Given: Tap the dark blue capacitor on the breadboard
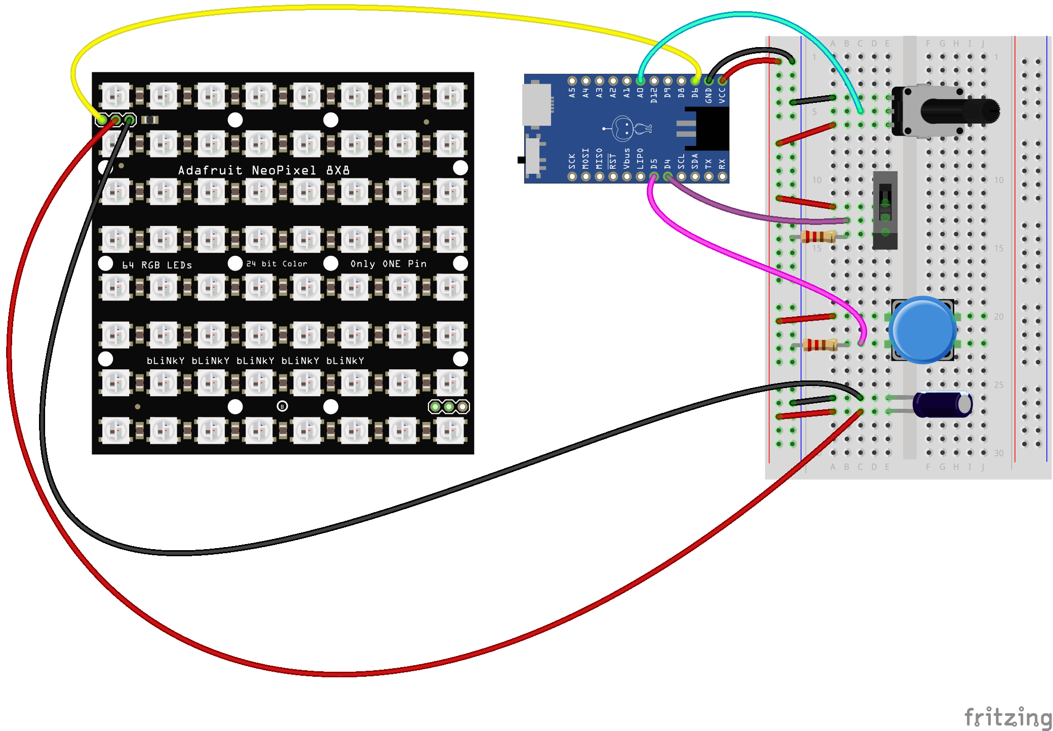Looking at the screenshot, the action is [x=942, y=404].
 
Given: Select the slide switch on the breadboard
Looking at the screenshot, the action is [x=885, y=210].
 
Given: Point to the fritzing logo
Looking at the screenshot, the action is [x=1008, y=718].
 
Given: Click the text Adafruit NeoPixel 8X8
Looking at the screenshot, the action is [x=263, y=170].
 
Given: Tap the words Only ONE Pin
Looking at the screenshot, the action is [x=388, y=264].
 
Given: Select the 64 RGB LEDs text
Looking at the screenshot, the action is [x=157, y=265].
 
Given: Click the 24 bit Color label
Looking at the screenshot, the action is [x=277, y=264].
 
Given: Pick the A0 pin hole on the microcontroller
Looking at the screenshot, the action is [x=640, y=81].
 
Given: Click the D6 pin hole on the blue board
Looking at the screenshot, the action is [x=695, y=81].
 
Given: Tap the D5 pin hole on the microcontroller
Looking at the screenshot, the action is [x=654, y=176].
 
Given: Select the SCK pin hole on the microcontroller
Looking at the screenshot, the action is [x=572, y=176].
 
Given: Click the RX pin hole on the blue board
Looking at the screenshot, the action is [x=722, y=176].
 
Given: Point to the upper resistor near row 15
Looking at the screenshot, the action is [x=818, y=237].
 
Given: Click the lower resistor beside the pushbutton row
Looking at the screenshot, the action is [x=820, y=345].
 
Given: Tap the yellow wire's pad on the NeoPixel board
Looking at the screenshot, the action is [x=102, y=120].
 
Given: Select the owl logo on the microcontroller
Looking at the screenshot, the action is [x=627, y=128].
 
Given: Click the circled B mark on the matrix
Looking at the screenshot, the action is [x=282, y=406].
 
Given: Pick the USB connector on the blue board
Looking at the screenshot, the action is [x=536, y=104].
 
